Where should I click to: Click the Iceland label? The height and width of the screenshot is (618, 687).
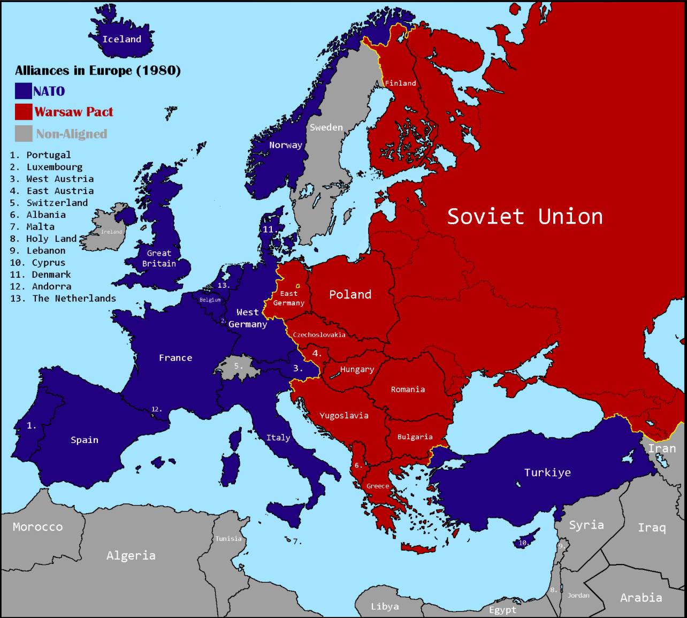[x=122, y=39]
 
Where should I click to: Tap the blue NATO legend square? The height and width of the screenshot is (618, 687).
[x=24, y=91]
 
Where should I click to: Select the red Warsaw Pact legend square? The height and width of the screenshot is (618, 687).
[x=24, y=112]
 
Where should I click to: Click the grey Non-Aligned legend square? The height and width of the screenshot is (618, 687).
[x=24, y=134]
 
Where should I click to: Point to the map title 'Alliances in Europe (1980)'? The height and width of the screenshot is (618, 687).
[x=98, y=71]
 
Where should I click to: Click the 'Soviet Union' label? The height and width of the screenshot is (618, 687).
[x=525, y=217]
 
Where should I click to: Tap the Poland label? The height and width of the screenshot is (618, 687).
[x=350, y=294]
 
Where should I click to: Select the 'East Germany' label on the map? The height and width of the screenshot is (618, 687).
[x=289, y=298]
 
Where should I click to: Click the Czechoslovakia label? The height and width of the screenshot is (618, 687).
[x=319, y=334]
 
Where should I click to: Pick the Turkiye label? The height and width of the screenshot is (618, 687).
[x=547, y=472]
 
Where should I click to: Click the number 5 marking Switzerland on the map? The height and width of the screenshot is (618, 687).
[x=238, y=366]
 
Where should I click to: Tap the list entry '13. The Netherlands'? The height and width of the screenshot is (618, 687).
[x=63, y=299]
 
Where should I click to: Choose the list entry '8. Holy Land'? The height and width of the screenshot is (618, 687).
[x=43, y=239]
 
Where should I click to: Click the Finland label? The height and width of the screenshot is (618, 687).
[x=401, y=83]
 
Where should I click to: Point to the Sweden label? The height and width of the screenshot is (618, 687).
[x=326, y=127]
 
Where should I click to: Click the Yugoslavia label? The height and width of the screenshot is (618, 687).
[x=344, y=415]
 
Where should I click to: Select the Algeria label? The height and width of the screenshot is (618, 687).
[x=131, y=555]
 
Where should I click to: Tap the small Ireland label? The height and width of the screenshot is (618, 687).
[x=112, y=232]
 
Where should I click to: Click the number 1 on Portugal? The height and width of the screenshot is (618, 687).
[x=31, y=425]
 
